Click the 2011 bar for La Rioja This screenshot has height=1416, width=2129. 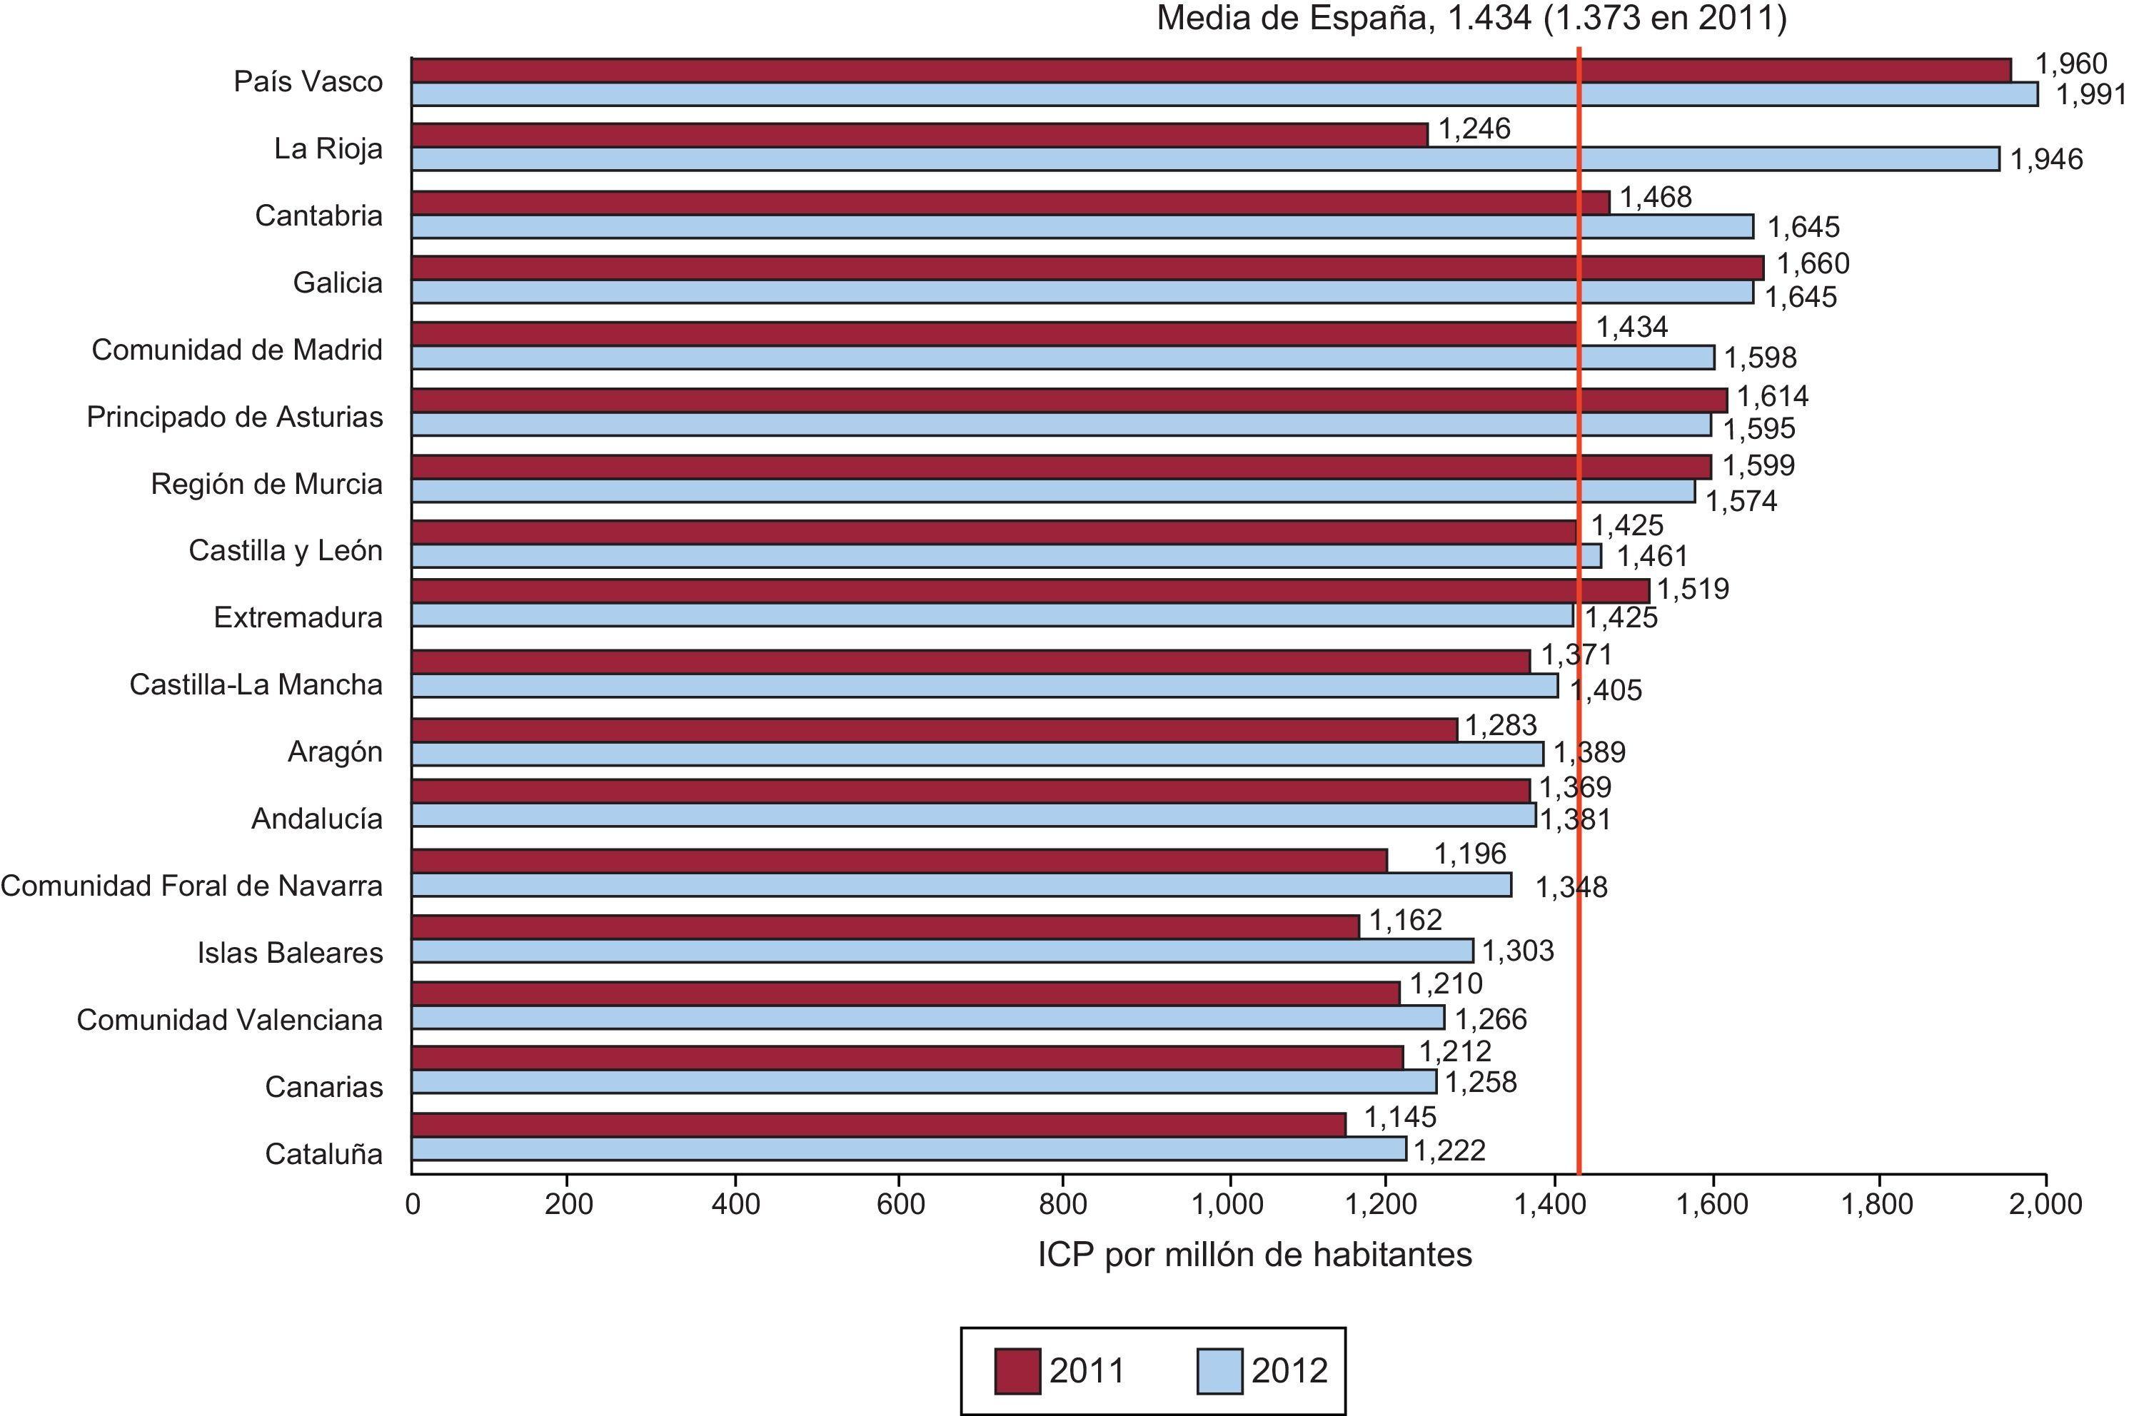[x=919, y=135]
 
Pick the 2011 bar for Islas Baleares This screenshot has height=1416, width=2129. [x=885, y=926]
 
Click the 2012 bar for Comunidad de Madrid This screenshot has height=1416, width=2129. [x=1062, y=358]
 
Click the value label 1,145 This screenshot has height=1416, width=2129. [x=1399, y=1117]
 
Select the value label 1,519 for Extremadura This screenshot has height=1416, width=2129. [x=1693, y=589]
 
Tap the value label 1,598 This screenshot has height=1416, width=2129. [x=1761, y=358]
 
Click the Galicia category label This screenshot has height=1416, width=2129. [x=337, y=283]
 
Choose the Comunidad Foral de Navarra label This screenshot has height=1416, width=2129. [x=191, y=886]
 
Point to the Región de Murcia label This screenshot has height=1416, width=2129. [x=266, y=484]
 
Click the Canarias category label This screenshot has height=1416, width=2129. [x=323, y=1086]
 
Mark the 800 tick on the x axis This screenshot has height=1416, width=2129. [x=1062, y=1204]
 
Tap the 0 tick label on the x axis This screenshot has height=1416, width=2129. [x=413, y=1204]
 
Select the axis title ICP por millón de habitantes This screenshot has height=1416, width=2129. [x=1254, y=1255]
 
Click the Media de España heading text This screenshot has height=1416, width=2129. [x=1471, y=18]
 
